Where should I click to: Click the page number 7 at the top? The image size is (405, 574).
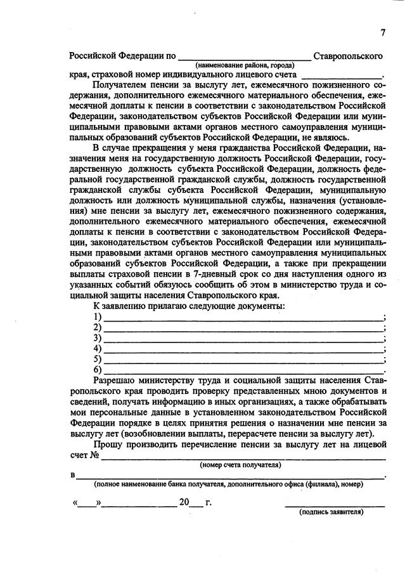(383, 33)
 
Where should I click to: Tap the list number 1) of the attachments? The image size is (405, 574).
(98, 317)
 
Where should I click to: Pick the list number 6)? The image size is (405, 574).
(98, 370)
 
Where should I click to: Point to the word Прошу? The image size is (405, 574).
(108, 445)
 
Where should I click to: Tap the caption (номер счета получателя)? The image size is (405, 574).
(240, 465)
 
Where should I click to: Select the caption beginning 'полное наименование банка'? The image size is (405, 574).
(228, 484)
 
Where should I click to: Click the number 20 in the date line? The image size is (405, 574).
(184, 502)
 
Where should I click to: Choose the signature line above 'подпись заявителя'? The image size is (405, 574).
(334, 506)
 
